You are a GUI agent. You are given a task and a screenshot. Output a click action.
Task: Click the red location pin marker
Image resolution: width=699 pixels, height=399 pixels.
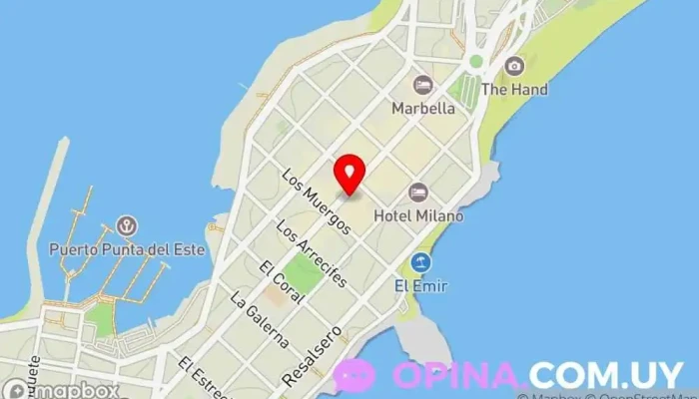349,174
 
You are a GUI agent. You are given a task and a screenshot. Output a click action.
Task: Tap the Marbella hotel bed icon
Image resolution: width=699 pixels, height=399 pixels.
422,84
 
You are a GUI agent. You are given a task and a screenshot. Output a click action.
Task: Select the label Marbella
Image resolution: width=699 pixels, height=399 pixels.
423,107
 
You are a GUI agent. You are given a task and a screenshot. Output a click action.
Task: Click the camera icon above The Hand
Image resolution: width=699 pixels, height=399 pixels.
514,66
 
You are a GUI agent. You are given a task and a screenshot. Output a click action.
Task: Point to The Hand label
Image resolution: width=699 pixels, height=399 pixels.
514,89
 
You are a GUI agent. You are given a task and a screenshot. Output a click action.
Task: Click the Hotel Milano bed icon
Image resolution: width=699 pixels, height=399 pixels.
417,192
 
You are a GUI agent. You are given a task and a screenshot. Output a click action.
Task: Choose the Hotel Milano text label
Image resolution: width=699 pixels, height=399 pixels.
418,214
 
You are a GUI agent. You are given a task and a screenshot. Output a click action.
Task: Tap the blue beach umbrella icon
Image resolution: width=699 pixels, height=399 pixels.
420,263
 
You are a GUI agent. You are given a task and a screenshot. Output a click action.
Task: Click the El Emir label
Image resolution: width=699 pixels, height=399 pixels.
420,286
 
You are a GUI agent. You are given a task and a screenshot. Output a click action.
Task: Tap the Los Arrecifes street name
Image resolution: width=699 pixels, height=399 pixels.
312,253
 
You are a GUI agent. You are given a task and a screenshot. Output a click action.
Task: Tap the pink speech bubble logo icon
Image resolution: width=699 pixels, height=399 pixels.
354,375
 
